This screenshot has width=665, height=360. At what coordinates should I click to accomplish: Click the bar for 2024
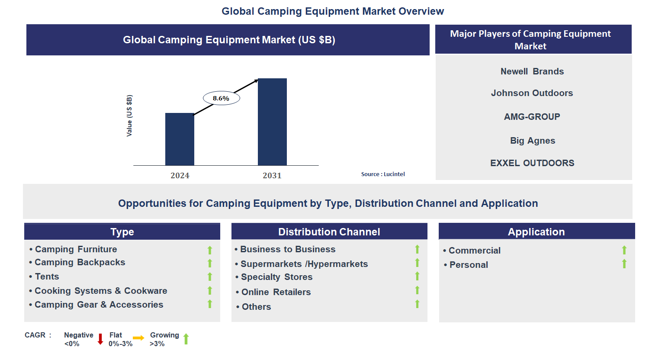(180, 139)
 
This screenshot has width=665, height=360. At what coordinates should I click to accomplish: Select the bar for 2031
(272, 122)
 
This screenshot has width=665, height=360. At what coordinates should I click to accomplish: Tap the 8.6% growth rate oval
(221, 98)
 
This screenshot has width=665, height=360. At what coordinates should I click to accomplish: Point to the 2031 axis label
(272, 176)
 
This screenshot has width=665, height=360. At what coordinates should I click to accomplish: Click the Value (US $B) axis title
(129, 116)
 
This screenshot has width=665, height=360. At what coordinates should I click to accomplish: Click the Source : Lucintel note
(383, 174)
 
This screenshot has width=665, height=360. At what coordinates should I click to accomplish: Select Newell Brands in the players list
(532, 71)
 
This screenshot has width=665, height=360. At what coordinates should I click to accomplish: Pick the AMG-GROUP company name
(532, 117)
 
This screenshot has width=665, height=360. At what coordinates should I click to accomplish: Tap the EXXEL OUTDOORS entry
(532, 163)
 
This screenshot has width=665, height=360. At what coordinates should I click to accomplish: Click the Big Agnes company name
(532, 141)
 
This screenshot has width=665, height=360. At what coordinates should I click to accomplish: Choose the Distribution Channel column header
(329, 232)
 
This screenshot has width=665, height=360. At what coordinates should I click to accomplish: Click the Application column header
(536, 232)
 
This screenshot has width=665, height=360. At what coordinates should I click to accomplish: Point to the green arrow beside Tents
(210, 277)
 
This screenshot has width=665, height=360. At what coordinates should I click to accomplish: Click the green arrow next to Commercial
(624, 250)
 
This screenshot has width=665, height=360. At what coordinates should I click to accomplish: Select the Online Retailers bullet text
(276, 292)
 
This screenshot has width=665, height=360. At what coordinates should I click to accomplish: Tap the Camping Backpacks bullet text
(80, 262)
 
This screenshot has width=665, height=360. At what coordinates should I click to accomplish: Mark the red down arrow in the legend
(100, 339)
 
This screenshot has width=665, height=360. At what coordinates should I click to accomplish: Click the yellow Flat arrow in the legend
(138, 338)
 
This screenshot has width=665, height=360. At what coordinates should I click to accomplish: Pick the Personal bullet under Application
(469, 265)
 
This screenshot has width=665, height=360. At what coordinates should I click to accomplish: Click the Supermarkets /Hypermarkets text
(304, 264)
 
